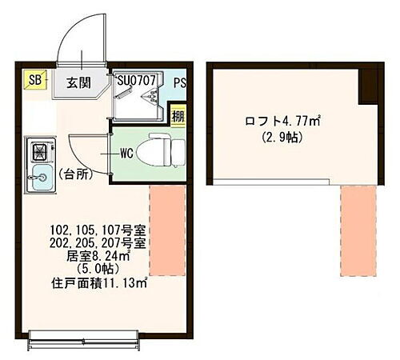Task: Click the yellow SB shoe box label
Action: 36,80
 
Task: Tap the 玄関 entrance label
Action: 78,82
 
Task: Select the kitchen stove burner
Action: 39,151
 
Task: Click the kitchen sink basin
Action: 39,181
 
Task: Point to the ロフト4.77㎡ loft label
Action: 282,122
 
